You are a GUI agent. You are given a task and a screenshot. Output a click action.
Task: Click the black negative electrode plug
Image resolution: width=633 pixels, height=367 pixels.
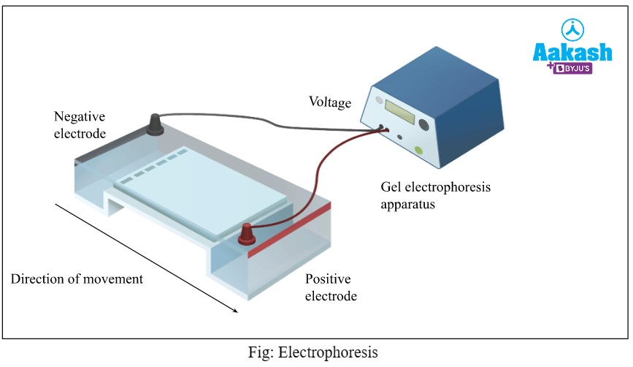(x=156, y=126)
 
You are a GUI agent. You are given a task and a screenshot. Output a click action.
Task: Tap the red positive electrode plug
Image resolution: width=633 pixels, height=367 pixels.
(x=248, y=234)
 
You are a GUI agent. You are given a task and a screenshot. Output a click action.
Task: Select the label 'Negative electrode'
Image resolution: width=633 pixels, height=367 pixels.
(x=80, y=125)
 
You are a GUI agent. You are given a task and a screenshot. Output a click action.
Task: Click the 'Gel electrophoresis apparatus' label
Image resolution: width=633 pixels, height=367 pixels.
(x=435, y=196)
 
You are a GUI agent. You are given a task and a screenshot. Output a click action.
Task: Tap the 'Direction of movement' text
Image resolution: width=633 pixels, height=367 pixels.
(x=77, y=279)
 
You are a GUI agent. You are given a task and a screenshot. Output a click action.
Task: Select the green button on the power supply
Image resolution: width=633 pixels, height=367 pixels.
(x=419, y=151)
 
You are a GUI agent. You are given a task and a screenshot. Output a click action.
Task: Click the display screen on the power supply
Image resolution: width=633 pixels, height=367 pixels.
(x=401, y=113)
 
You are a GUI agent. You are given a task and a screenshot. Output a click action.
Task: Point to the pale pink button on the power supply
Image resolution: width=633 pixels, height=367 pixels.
(x=377, y=101)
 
